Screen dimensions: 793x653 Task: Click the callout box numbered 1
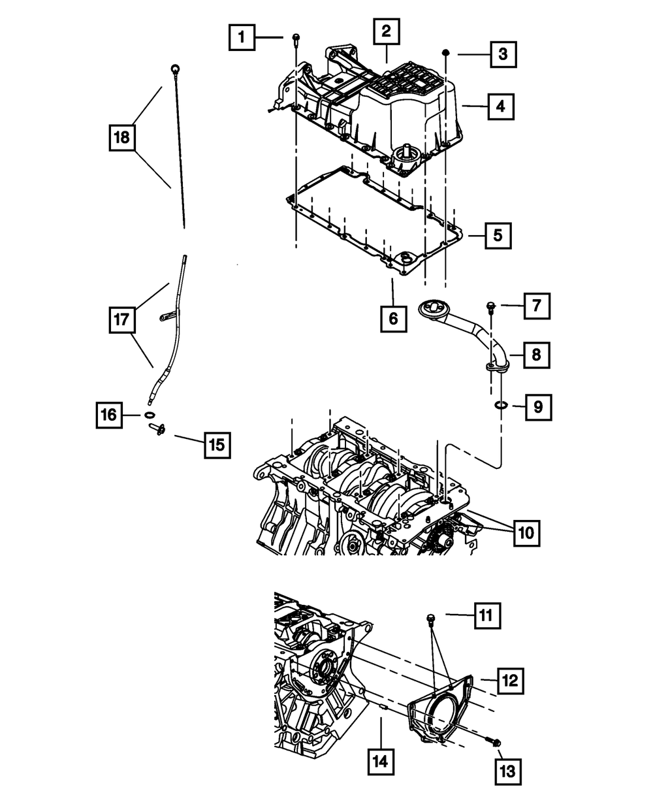[x=241, y=38]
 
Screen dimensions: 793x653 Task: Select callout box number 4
[x=499, y=105]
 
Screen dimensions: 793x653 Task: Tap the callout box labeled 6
[x=392, y=319]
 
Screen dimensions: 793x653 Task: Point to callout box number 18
[x=122, y=138]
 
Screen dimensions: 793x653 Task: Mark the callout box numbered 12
[x=509, y=681]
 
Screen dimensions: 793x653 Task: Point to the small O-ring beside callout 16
[x=150, y=415]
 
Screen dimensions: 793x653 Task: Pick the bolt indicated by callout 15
[x=158, y=429]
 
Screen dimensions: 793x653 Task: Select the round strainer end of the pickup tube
[x=431, y=307]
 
